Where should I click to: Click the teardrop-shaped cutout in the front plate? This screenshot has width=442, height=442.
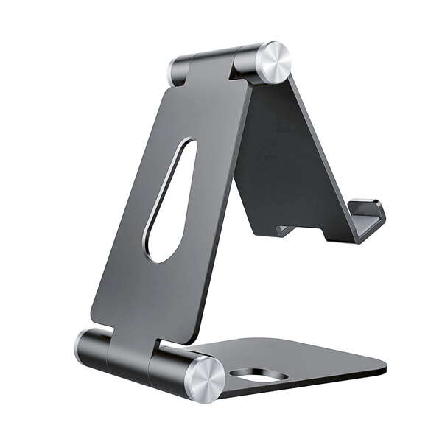pyautogui.click(x=171, y=199)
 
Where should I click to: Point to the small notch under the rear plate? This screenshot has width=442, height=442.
pyautogui.click(x=284, y=231)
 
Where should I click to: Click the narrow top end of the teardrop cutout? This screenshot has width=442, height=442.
pyautogui.click(x=187, y=145)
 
